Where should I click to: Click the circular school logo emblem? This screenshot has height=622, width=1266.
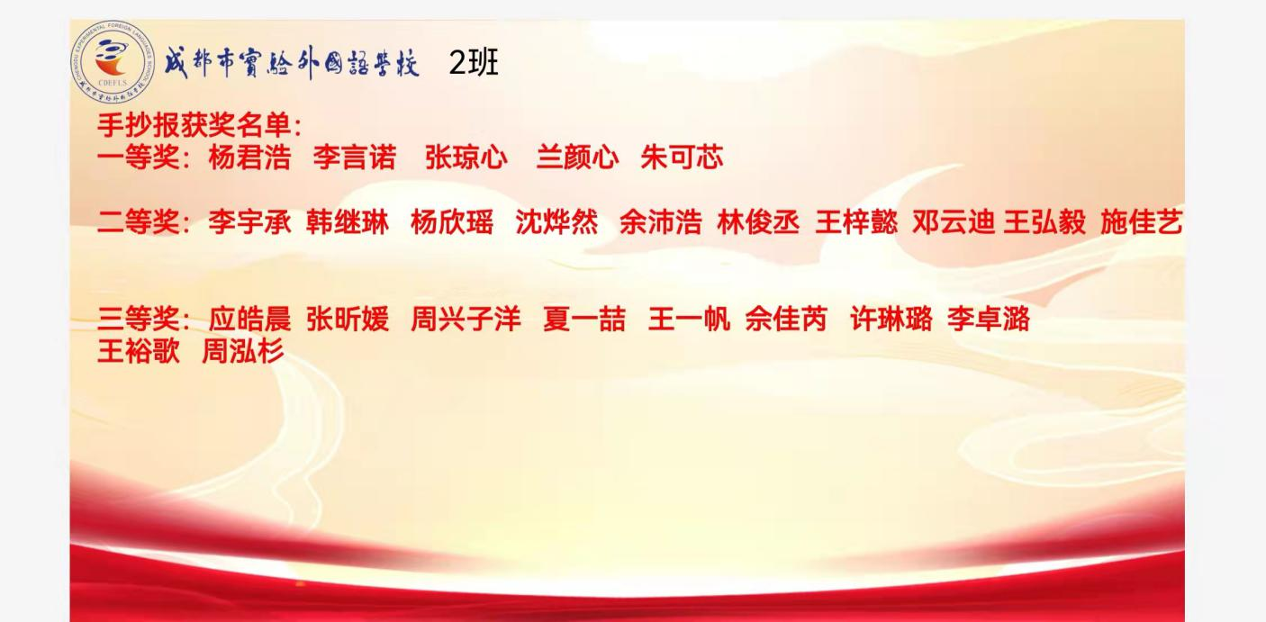[113, 62]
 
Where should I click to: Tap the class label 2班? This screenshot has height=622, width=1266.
[474, 63]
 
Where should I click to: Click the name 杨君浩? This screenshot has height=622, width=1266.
[249, 157]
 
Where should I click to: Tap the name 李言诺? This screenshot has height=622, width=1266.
[355, 157]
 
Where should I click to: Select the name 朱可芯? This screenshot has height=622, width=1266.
[682, 157]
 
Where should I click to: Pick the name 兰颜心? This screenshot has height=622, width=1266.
[577, 157]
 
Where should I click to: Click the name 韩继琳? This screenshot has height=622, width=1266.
[347, 221]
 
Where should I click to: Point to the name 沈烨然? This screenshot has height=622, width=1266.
[556, 221]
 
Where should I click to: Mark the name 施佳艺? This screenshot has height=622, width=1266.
[1141, 221]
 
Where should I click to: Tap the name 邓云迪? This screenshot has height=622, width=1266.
[953, 221]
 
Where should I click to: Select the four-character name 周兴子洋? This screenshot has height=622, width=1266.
[466, 319]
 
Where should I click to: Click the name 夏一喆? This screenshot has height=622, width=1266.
[583, 319]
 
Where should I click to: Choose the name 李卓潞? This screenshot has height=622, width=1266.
[989, 319]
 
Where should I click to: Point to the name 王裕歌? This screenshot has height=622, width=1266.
[139, 351]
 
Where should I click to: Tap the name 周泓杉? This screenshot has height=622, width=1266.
[242, 351]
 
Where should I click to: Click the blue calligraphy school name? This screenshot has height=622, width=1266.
[291, 63]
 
